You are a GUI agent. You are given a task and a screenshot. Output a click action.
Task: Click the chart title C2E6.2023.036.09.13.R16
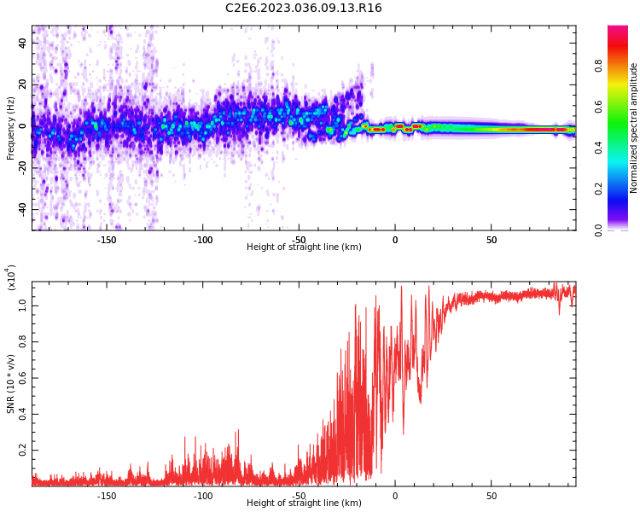(303, 9)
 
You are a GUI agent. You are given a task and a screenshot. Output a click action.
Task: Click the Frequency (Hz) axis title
(11, 128)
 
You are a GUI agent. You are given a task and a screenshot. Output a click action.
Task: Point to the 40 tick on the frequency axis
(23, 43)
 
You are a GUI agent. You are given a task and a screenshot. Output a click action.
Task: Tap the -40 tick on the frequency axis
(21, 209)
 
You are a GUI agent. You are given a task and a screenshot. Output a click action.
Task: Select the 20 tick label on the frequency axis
(23, 84)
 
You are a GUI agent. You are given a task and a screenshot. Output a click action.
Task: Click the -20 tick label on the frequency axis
(21, 168)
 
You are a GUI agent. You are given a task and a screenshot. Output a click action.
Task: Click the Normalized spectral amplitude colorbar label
(634, 128)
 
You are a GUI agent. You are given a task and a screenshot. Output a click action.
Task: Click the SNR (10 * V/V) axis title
(11, 384)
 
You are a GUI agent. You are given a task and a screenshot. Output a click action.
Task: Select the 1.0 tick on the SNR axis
(22, 305)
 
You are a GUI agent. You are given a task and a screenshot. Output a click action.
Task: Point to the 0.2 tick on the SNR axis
(22, 450)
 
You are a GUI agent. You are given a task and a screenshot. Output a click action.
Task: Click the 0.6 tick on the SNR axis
(22, 377)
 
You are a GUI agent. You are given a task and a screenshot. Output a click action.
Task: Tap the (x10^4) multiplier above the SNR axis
(10, 277)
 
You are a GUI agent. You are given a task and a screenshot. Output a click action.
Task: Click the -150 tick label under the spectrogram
(107, 241)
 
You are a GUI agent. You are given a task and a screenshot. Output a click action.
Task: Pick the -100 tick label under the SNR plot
(203, 496)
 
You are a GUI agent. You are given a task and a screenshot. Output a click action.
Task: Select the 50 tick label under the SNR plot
(492, 496)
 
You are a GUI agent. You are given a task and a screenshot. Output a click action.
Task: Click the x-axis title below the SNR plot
(304, 503)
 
